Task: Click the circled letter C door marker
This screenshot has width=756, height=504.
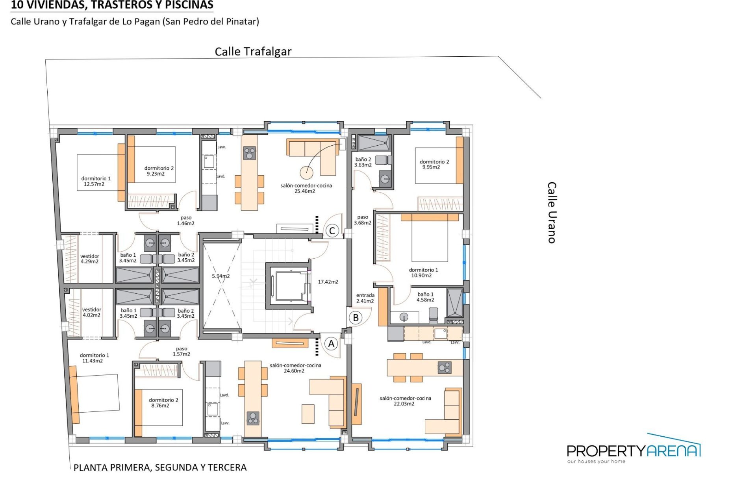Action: pos(332,231)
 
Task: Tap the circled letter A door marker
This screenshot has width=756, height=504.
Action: pos(331,344)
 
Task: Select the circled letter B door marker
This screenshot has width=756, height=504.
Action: pos(356,317)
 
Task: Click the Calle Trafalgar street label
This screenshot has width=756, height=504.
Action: pos(253,52)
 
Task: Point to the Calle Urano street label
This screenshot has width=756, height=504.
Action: pos(552,213)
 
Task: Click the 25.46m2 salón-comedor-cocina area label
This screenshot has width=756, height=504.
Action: pos(306,188)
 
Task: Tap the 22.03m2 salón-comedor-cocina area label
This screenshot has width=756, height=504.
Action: pos(405,401)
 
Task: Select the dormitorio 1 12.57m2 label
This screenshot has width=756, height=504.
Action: pos(96,181)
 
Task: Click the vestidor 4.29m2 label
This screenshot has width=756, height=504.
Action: pos(90,259)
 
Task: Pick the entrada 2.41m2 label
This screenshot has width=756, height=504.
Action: pos(365,298)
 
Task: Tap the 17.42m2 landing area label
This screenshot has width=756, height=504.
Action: pos(328,282)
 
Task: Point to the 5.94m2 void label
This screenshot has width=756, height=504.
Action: pos(220,276)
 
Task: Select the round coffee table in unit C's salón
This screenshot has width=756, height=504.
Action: pos(306,172)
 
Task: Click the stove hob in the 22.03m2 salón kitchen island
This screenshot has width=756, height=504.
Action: pos(445,368)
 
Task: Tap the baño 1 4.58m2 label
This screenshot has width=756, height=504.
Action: pos(425,297)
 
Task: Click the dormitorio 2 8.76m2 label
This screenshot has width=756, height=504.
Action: pos(163,402)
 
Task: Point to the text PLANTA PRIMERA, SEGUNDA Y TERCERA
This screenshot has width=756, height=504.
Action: pos(160,467)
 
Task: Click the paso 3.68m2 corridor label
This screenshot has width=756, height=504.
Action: pos(362,220)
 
